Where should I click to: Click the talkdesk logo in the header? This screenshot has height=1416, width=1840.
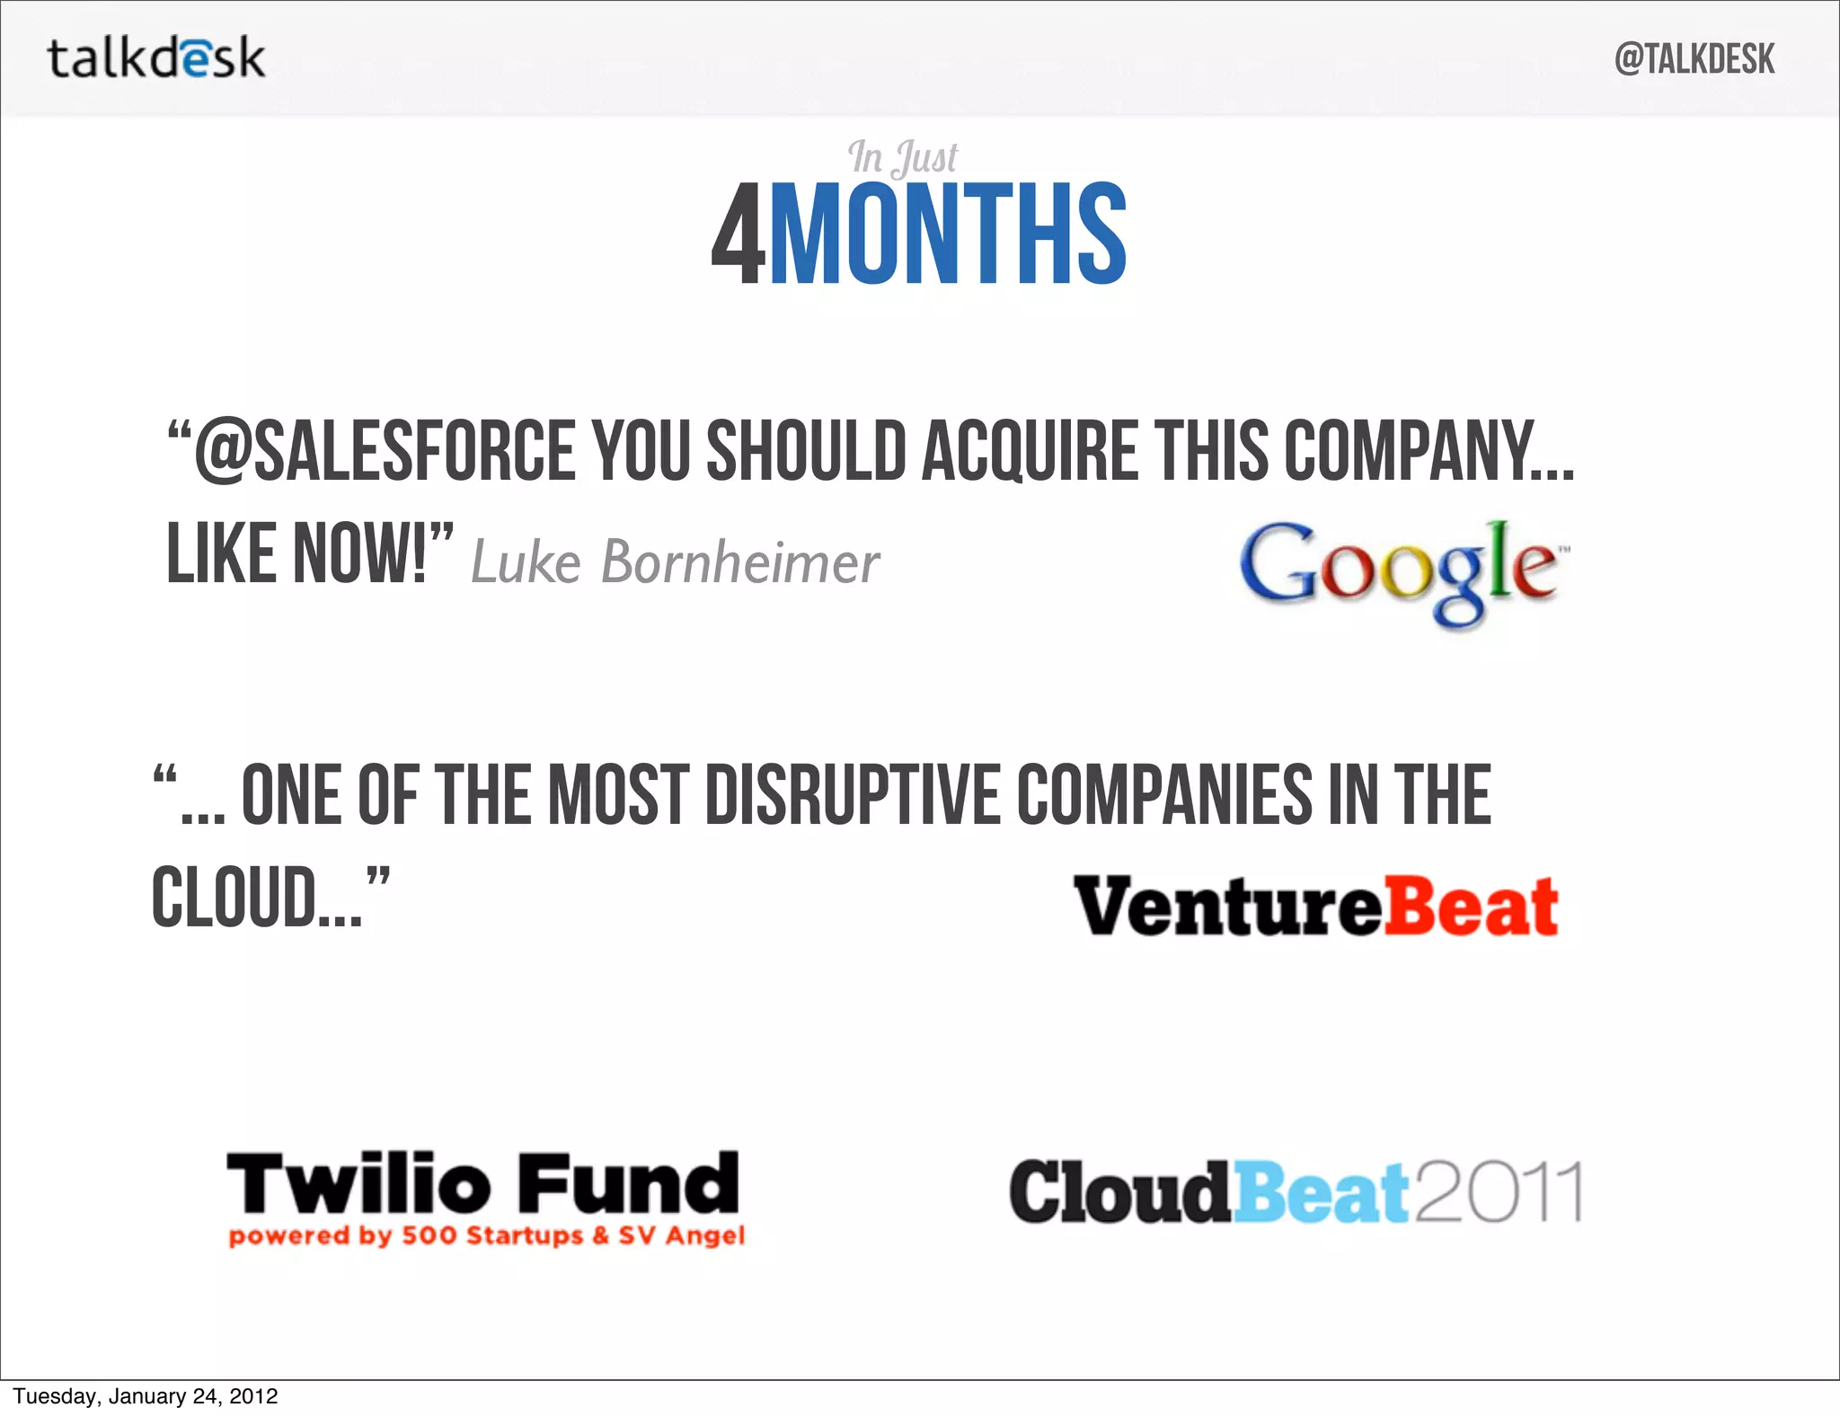coord(156,58)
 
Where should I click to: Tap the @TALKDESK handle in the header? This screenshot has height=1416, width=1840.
coord(1694,59)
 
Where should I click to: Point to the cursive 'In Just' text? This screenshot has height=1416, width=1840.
coord(902,158)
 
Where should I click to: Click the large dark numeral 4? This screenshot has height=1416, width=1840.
coord(738,235)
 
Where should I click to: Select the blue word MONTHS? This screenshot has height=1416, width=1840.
coord(948,235)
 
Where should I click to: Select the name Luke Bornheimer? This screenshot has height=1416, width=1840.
coord(675,563)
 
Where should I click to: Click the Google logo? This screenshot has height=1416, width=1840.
coord(1403,571)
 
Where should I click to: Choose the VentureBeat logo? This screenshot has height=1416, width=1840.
coord(1315,907)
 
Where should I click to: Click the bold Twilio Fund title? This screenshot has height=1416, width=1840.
coord(483,1184)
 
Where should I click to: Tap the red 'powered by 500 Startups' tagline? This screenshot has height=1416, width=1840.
coord(486,1236)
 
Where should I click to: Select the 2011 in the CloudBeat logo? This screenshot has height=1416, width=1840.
coord(1499,1192)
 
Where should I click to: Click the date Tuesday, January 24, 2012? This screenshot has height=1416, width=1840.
coord(146,1396)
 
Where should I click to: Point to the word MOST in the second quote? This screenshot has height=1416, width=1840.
coord(619,795)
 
